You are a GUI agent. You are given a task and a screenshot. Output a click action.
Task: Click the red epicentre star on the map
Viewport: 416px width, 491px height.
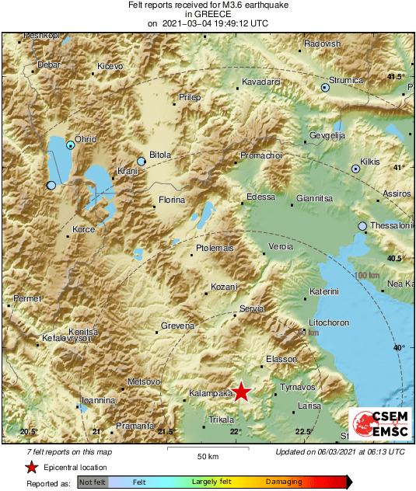point(242,392)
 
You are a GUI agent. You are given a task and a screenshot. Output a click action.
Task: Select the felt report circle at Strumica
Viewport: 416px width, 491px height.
point(326,89)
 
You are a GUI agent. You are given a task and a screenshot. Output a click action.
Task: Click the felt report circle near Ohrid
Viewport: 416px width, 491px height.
point(70,145)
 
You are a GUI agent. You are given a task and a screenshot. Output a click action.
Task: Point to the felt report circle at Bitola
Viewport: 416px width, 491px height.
point(141,161)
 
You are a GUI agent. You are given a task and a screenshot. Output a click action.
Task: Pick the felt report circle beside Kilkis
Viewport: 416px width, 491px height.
point(355,168)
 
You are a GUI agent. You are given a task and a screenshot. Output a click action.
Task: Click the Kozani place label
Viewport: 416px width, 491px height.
point(224,287)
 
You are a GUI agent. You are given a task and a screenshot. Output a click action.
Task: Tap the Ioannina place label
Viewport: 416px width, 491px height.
point(99,400)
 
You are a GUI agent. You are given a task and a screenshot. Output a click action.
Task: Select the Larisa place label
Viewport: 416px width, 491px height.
point(309,406)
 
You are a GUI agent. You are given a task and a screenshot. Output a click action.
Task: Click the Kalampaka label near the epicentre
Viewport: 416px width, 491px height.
point(211,394)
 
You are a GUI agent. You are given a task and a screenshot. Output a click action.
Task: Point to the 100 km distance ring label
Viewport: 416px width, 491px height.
point(366,277)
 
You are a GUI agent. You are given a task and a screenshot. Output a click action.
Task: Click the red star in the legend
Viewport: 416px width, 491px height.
point(32,467)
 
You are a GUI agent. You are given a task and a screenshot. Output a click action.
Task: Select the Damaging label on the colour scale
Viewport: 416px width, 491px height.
point(284,482)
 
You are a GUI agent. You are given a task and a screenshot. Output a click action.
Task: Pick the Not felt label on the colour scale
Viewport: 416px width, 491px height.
point(93,482)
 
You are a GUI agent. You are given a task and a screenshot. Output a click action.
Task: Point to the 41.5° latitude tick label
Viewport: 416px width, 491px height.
point(397,76)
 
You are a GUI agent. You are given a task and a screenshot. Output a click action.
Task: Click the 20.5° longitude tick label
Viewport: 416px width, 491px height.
point(29,431)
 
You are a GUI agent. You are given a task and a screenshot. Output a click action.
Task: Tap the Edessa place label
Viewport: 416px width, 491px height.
point(260,197)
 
